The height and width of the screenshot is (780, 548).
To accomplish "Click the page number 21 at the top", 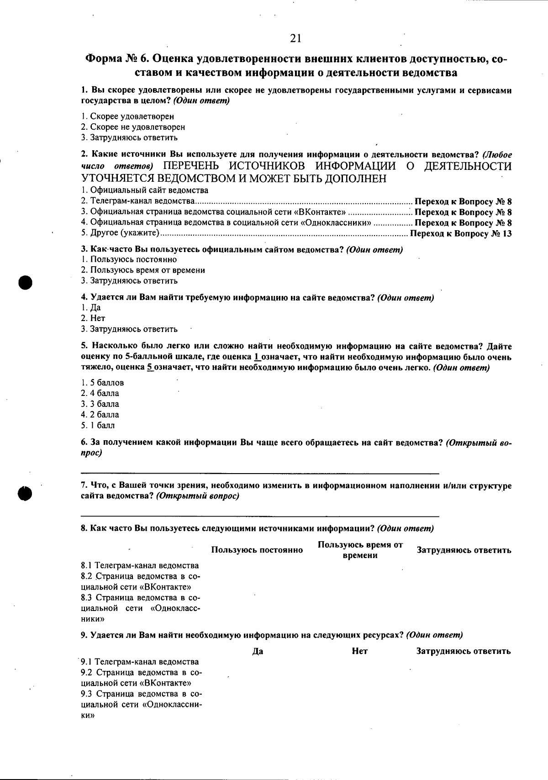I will click(x=295, y=39).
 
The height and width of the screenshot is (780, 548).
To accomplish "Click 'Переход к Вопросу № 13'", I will click(x=461, y=234).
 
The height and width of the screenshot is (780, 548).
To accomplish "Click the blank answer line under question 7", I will click(x=260, y=516).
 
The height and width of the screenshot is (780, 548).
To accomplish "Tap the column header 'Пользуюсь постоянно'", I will click(x=257, y=550).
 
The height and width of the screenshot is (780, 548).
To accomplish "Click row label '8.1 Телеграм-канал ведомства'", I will click(x=140, y=565).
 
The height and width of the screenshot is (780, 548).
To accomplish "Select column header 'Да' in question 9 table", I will click(x=257, y=651).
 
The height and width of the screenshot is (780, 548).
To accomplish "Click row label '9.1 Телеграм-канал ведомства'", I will click(x=140, y=662).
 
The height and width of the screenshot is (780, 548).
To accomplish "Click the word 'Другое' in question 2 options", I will click(x=104, y=234).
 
